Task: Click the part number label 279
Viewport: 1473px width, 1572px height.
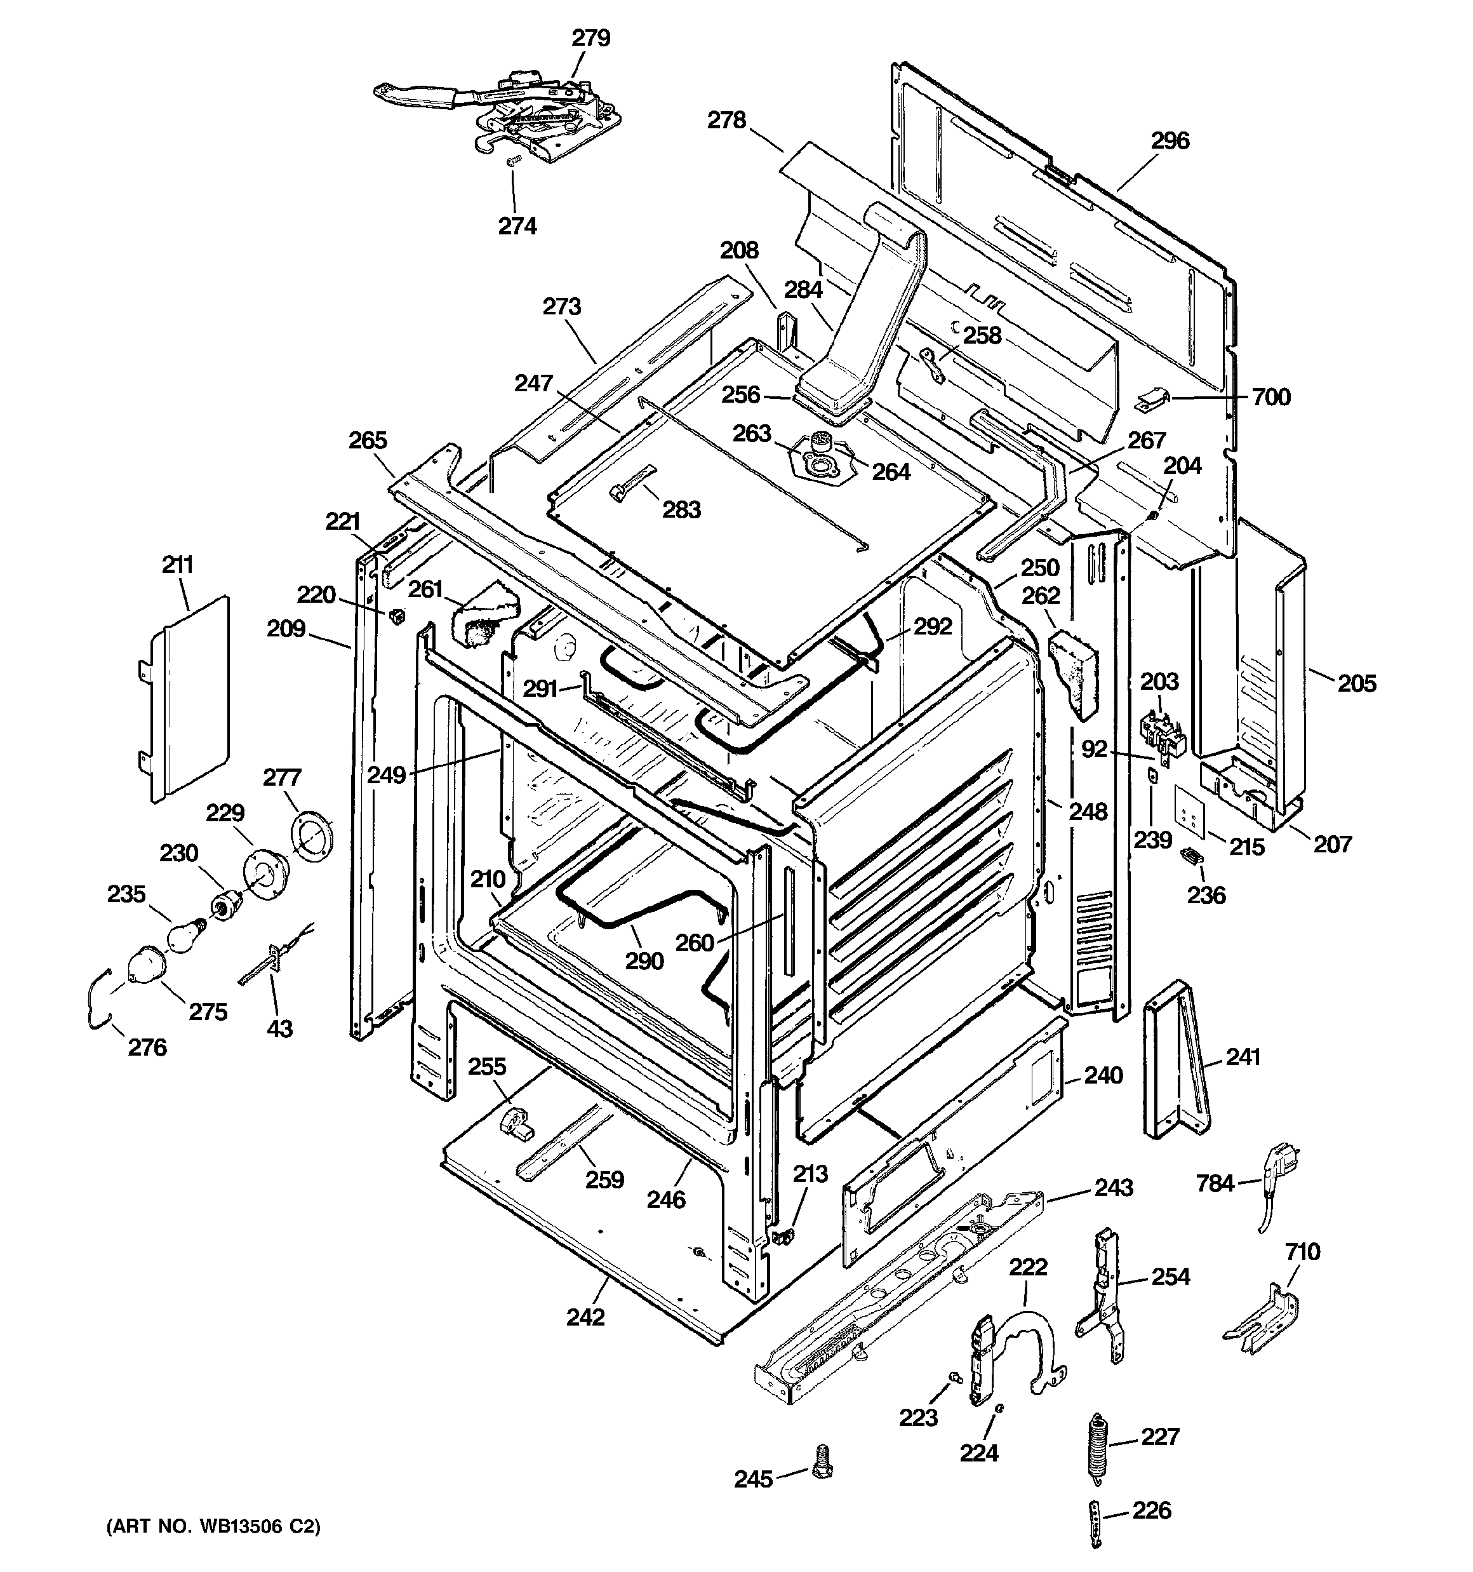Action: (x=590, y=38)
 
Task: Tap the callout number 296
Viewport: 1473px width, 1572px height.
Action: (x=1170, y=141)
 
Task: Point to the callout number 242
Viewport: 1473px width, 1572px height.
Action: (x=586, y=1317)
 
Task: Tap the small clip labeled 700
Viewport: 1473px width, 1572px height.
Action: (x=1153, y=400)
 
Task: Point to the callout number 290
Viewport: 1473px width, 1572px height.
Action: (x=644, y=961)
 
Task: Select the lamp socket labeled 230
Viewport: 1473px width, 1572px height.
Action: (x=228, y=903)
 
